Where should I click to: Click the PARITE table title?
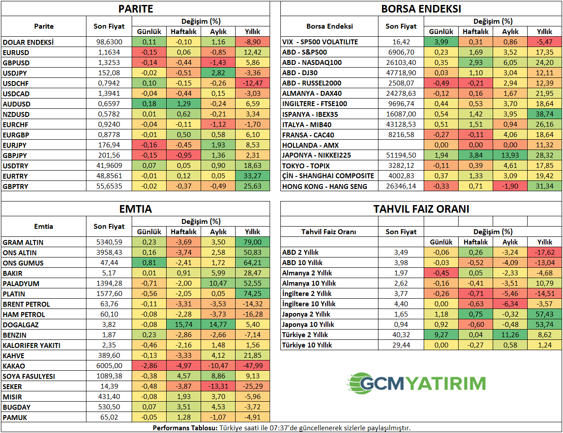point(135,9)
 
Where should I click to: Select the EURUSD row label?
point(16,52)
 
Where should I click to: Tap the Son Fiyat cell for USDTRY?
point(109,166)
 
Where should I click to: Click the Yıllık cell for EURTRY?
point(253,176)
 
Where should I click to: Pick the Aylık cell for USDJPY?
point(218,73)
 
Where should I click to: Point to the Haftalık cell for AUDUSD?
point(184,104)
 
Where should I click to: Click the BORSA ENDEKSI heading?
point(421,9)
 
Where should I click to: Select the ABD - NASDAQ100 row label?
point(312,63)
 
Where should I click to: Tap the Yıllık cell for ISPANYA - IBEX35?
point(545,114)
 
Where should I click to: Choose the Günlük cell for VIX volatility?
point(441,42)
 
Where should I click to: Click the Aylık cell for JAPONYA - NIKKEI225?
point(510,155)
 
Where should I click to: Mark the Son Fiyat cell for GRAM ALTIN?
point(109,242)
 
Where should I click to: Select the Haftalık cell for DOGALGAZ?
point(184,325)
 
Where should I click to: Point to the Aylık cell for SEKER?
point(218,386)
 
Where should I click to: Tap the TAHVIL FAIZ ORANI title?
point(421,209)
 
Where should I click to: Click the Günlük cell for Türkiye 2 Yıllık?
point(441,335)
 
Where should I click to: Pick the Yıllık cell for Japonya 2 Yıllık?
point(545,314)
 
